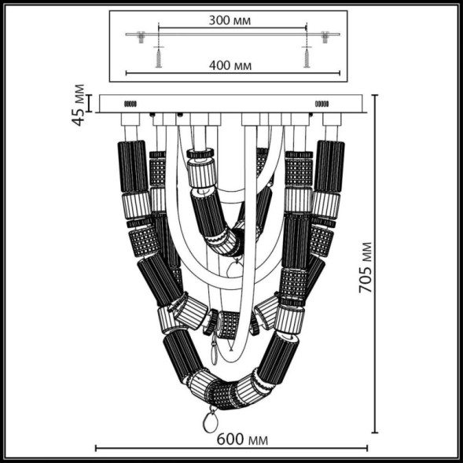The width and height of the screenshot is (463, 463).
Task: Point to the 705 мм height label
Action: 366,267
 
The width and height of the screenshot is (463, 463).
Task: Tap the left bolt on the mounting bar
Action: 142,36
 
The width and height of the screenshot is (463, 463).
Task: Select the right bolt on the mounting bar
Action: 324,36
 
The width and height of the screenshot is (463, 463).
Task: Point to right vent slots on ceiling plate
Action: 322,103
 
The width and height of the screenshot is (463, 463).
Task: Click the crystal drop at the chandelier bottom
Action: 211,421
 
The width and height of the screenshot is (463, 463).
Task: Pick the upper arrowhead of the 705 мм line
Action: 373,96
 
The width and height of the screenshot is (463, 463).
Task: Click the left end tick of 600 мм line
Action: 96,449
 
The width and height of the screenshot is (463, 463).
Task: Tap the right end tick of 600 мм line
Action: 366,449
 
